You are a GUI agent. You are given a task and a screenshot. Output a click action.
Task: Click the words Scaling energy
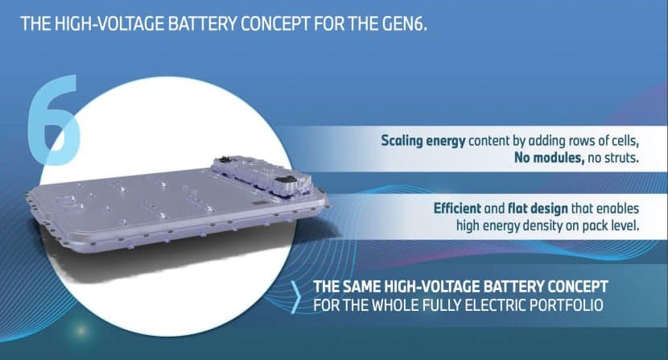pyautogui.click(x=423, y=141)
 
